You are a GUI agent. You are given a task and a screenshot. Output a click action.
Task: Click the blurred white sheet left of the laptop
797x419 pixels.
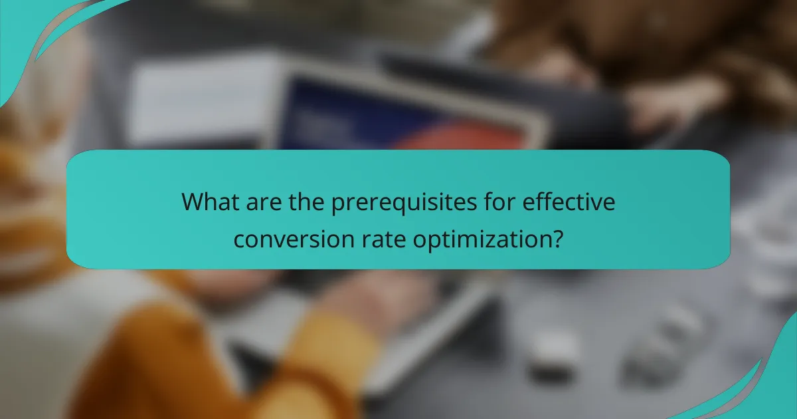point(199,100)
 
